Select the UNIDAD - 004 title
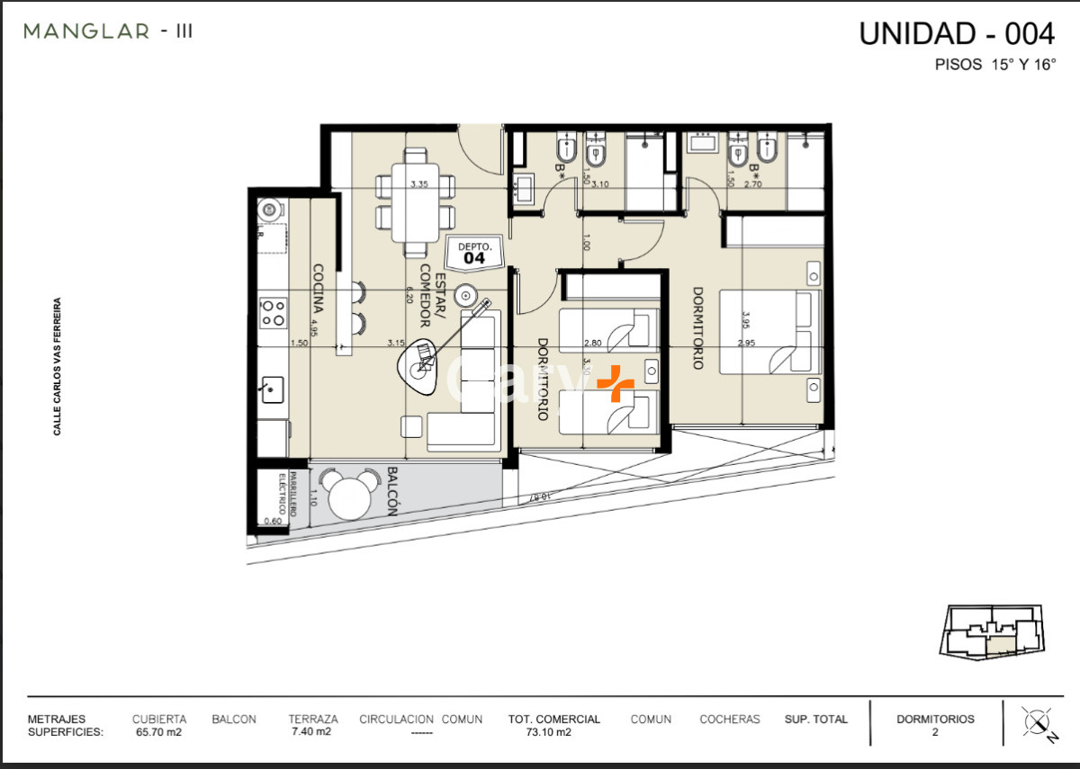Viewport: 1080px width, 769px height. (x=956, y=33)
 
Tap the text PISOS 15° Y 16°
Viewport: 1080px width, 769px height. (x=994, y=66)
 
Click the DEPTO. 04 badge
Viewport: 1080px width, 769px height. (x=474, y=253)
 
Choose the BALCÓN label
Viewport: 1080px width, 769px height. (x=392, y=490)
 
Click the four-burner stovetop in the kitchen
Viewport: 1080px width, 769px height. (x=272, y=313)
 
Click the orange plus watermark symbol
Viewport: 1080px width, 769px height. (x=616, y=383)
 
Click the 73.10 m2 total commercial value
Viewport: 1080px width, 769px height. (x=548, y=732)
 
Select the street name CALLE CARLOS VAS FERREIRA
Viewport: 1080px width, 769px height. (x=58, y=367)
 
